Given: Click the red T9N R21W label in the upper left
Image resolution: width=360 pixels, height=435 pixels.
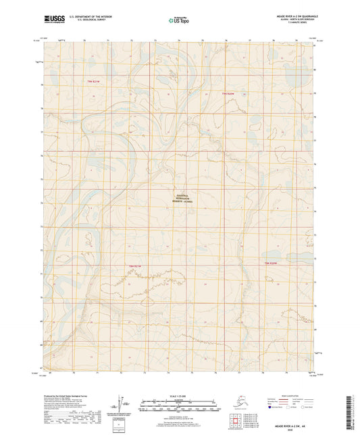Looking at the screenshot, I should pyautogui.click(x=97, y=81).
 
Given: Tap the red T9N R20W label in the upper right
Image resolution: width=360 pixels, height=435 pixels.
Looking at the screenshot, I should pyautogui.click(x=233, y=93).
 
